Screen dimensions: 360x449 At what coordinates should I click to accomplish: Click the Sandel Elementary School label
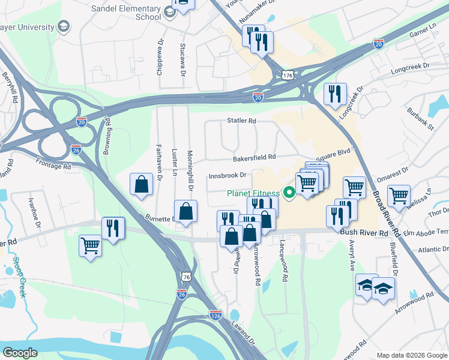point(126,13)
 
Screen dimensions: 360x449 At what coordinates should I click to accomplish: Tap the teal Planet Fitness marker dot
point(289,193)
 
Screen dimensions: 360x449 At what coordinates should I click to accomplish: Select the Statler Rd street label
point(241,121)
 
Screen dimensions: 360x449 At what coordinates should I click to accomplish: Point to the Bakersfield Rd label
point(254,158)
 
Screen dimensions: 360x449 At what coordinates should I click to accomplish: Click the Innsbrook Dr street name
point(228,176)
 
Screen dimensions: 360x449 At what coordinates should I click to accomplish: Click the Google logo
point(20,353)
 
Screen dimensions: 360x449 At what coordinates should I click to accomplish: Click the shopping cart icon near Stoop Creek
point(90,245)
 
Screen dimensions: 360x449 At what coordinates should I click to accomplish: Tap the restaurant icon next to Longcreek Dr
point(334,93)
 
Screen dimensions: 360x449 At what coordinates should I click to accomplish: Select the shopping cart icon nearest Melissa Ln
point(399,195)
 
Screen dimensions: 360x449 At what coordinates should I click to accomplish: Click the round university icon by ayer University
point(62,26)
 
